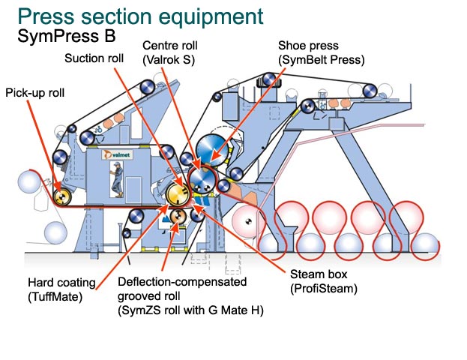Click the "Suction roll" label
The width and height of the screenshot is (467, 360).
94,58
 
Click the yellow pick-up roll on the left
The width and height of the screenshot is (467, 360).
64,196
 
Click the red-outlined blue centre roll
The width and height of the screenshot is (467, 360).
201,180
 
